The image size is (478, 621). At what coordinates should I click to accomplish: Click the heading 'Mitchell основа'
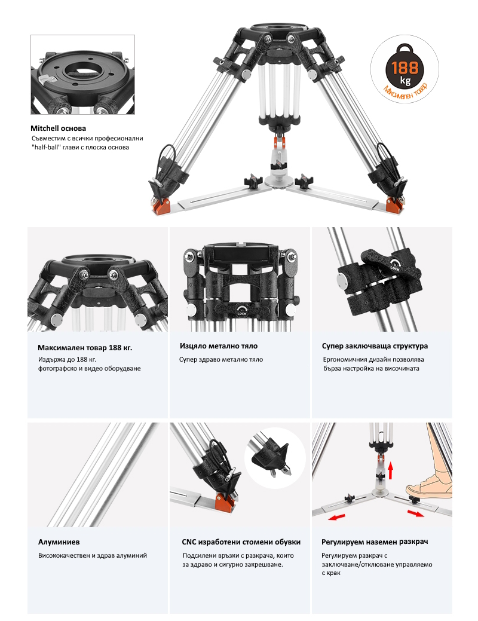58,129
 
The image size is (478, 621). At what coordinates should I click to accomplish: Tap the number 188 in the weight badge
405,68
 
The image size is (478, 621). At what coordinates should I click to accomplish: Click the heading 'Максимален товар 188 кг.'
85,348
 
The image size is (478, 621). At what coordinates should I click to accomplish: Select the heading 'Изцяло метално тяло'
219,345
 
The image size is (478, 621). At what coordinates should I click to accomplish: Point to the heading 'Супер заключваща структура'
375,345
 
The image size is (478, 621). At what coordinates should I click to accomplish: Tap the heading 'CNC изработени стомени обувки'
241,542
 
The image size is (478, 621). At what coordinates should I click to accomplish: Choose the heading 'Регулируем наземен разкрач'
374,542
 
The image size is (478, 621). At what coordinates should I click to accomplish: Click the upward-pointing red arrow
391,470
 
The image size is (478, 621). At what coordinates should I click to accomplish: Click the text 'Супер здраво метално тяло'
221,360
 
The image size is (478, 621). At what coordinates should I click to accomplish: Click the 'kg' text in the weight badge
405,81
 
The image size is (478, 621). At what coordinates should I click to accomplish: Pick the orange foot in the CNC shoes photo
225,504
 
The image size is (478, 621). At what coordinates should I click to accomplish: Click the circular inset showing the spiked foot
275,458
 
